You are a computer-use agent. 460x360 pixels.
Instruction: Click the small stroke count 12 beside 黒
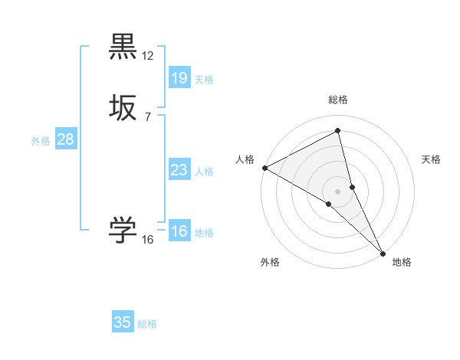coord(148,56)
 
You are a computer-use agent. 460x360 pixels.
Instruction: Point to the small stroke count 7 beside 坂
coord(148,116)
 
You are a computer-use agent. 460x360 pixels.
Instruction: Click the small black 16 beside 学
coord(148,240)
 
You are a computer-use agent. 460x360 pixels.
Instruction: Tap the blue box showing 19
coord(179,77)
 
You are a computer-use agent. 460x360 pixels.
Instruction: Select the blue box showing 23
coord(179,170)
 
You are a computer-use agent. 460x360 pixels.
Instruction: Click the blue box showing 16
coord(179,231)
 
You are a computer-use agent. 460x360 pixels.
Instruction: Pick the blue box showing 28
coord(65,139)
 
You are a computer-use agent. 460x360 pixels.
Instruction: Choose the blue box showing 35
coord(123,322)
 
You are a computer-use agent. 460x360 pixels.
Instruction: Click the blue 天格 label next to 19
coord(204,79)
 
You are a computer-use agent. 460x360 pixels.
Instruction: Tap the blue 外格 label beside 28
coord(41,141)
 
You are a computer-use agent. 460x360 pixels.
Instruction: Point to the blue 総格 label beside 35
coord(147,324)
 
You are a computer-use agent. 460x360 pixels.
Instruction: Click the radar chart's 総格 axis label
coord(337,100)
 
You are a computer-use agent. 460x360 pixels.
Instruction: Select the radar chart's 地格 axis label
coord(402,262)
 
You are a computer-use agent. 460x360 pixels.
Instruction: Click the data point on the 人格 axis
coord(264,168)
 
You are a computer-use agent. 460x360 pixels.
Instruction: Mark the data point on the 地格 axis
coord(383,252)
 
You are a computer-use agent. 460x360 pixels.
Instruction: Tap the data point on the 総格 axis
coord(337,131)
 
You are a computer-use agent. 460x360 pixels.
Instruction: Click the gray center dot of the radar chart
coord(337,190)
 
